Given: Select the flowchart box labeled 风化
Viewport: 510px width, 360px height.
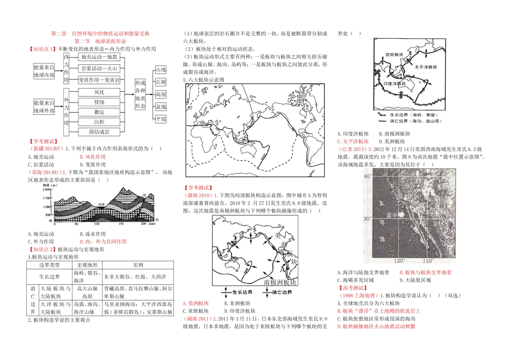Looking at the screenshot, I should (x=99, y=92).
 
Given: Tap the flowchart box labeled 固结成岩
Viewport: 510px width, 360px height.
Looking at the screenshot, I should (x=99, y=131).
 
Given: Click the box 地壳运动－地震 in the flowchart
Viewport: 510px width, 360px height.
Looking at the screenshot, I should (x=99, y=56).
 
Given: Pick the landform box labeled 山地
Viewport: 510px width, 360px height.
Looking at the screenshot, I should (x=161, y=70).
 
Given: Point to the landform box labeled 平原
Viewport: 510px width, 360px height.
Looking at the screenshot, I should (x=161, y=119).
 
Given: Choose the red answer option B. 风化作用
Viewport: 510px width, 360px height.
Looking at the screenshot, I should (x=92, y=157).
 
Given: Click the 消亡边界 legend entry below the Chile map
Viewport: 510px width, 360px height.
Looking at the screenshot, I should (x=280, y=293).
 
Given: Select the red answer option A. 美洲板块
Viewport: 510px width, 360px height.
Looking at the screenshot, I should (x=195, y=303).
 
